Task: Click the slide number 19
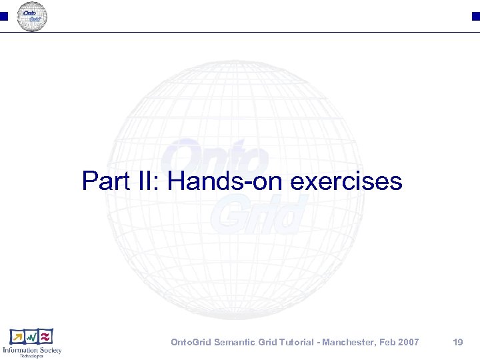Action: tap(457, 342)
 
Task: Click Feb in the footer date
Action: tap(389, 342)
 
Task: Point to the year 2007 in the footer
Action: tap(409, 342)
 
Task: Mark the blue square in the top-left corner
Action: tap(3, 17)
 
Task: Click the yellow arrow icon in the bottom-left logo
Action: tap(17, 337)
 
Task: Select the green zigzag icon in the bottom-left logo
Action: tap(31, 337)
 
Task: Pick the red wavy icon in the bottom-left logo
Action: tap(45, 337)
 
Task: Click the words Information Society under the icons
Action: tap(31, 350)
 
